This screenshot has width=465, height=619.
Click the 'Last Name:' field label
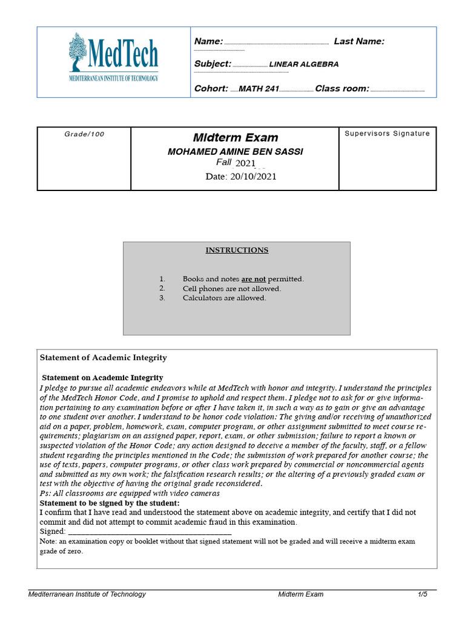click(x=359, y=41)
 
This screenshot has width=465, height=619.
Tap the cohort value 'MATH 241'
click(x=259, y=89)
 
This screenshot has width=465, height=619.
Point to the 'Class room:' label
click(x=342, y=89)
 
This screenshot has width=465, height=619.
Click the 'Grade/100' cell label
click(x=84, y=134)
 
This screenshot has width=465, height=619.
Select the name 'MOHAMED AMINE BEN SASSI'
click(x=235, y=152)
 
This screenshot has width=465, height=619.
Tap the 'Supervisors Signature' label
click(x=387, y=134)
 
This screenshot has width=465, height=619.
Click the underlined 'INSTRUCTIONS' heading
click(x=237, y=250)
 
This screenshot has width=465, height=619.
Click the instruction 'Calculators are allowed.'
click(x=224, y=297)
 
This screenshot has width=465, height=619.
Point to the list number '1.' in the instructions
click(x=162, y=279)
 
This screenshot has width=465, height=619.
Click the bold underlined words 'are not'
click(x=254, y=279)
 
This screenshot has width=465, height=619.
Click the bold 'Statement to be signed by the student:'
click(x=110, y=503)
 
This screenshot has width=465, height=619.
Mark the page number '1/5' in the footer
click(x=422, y=594)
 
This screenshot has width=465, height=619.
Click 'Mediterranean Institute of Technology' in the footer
click(x=87, y=594)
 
